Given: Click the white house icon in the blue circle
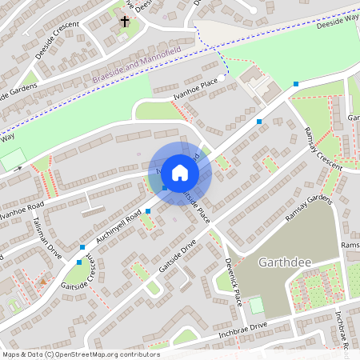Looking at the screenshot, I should [180, 172].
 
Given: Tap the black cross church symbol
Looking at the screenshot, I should [125, 22].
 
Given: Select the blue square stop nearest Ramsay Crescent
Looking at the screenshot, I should [296, 84].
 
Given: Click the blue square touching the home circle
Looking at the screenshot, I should [165, 187].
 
